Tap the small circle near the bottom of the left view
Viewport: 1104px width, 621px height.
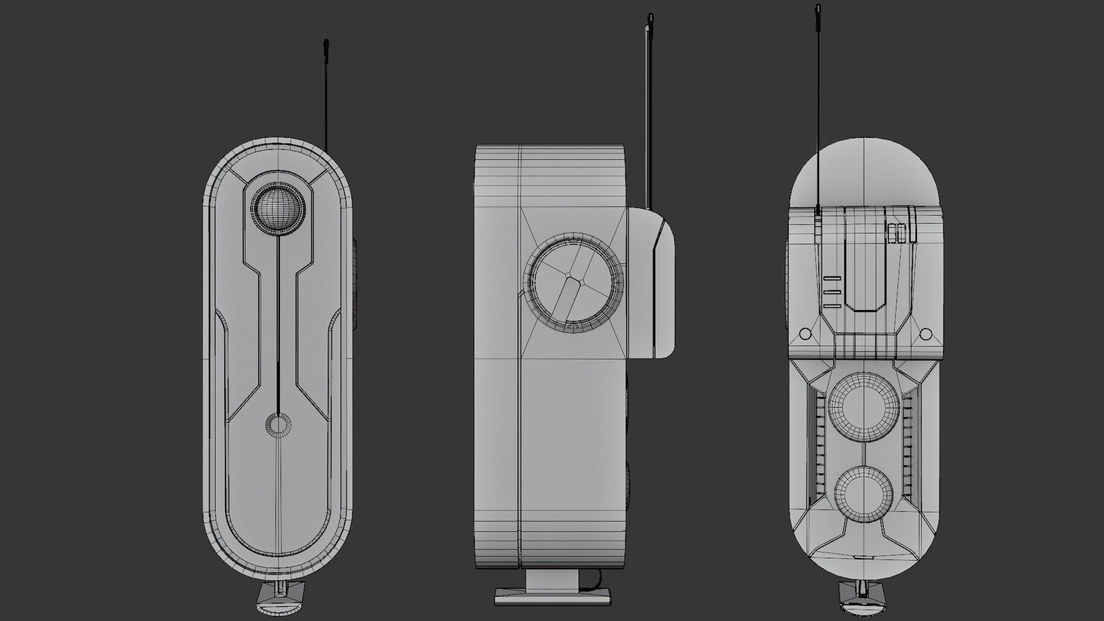point(278,425)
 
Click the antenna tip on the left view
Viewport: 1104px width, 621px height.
point(327,44)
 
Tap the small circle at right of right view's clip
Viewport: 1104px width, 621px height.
point(926,334)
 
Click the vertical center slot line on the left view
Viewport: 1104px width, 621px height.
point(279,322)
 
